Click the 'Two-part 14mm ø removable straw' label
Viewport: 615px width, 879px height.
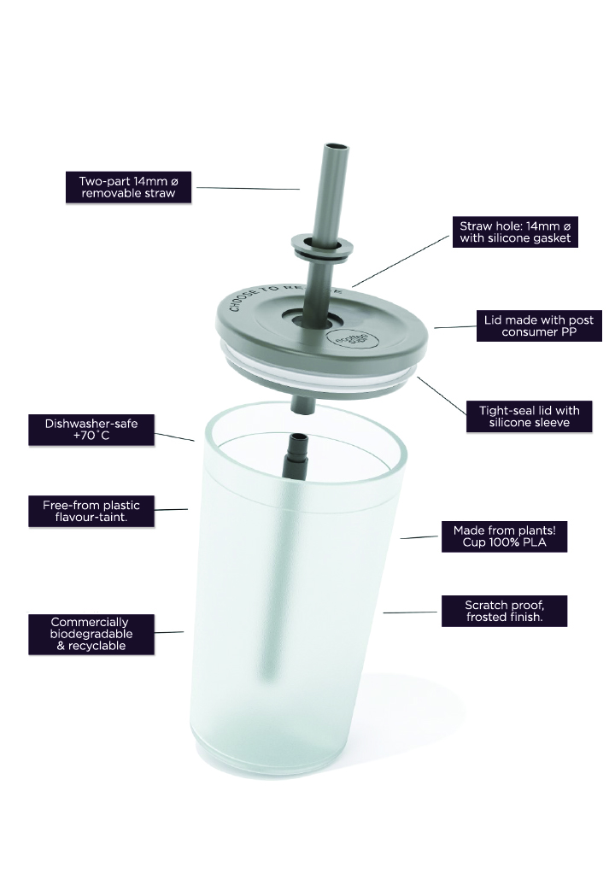point(128,187)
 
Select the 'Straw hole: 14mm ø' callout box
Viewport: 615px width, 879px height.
point(515,232)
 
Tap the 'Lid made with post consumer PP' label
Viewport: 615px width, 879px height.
point(539,325)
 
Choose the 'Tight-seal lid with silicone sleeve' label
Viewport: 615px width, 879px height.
point(530,417)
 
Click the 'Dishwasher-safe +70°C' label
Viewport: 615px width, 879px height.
point(91,430)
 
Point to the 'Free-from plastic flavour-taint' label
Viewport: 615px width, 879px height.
point(91,511)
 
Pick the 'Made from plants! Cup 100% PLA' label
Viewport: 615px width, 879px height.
point(505,536)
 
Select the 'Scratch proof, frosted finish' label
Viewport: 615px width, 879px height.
point(505,611)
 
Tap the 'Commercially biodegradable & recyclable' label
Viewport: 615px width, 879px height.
point(91,635)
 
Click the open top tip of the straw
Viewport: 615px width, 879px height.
point(336,146)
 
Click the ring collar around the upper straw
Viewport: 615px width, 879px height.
point(322,247)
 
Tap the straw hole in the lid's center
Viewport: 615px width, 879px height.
point(313,319)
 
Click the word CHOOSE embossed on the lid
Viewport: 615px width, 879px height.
point(241,301)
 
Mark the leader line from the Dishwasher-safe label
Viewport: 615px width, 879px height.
point(174,437)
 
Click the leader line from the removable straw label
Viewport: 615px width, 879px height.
point(248,188)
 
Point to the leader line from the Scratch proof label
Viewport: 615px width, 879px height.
point(410,612)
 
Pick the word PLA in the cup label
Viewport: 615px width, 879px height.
point(535,542)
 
